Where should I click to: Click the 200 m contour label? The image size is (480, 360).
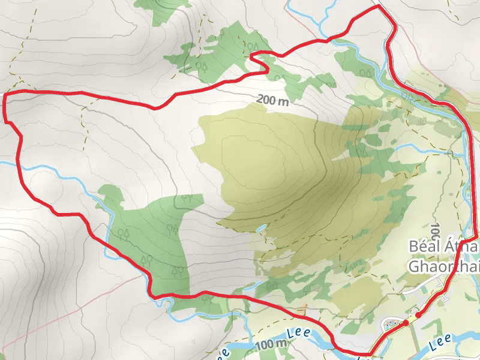pyautogui.click(x=273, y=100)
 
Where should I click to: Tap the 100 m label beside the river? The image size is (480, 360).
pyautogui.click(x=271, y=344)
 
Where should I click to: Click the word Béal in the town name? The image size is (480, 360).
pyautogui.click(x=426, y=247)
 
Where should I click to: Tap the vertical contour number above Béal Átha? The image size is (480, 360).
pyautogui.click(x=434, y=230)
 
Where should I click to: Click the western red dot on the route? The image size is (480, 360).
pyautogui.click(x=406, y=323)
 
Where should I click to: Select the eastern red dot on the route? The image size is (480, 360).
pyautogui.click(x=418, y=314)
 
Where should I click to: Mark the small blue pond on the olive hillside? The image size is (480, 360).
pyautogui.click(x=262, y=228)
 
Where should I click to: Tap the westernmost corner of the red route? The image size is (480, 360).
pyautogui.click(x=5, y=96)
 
